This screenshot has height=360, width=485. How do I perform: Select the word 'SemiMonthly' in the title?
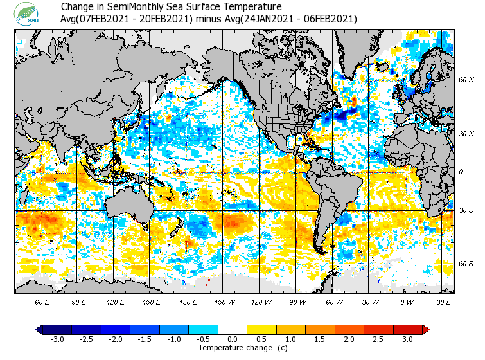point(134,7)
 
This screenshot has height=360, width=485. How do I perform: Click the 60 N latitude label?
point(466,80)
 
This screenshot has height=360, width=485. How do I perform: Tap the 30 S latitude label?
point(466,211)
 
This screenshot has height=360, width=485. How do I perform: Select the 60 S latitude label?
point(466,264)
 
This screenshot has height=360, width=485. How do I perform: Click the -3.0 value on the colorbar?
point(57,339)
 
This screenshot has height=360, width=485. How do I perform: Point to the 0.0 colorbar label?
point(233,339)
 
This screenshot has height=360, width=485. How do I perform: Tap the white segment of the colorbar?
point(233,329)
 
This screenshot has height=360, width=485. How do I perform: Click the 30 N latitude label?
point(466,134)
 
